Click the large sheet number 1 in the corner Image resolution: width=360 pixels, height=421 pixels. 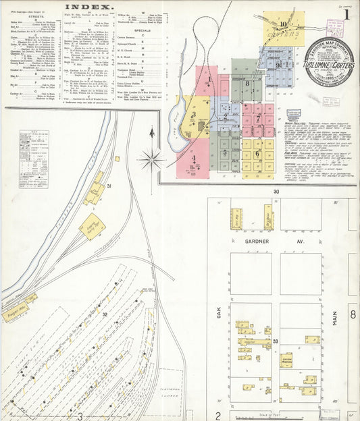(346, 13)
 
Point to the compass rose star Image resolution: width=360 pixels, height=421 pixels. (151, 160)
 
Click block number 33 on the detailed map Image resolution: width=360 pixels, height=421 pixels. (276, 343)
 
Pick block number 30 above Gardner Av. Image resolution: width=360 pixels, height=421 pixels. (276, 192)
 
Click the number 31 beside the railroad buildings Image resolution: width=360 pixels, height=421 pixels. (109, 186)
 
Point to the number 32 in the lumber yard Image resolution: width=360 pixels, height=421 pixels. (105, 314)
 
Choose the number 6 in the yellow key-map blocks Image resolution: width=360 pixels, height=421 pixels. (257, 153)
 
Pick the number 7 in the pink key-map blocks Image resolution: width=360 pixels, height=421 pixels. (258, 116)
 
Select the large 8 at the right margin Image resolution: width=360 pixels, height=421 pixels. (353, 314)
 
